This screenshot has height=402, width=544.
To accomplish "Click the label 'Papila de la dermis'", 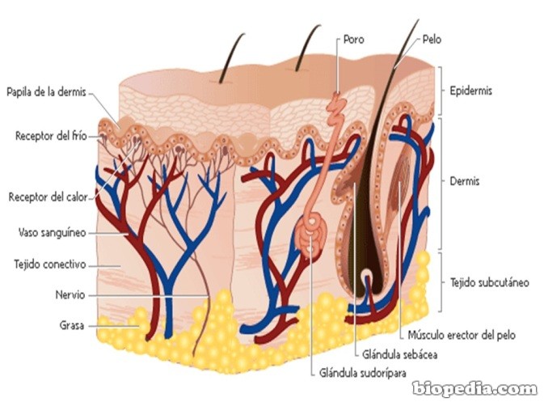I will tap(46, 91).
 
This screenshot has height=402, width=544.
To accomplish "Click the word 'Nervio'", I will tap(70, 295).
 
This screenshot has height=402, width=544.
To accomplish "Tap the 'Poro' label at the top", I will tap(353, 38).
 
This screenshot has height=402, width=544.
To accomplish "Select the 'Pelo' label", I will tap(432, 38).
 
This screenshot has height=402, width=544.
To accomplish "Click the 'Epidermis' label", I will tap(471, 91).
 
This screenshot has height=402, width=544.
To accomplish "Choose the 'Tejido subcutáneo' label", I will tap(490, 282).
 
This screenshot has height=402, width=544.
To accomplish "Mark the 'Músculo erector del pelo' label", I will tap(458, 334).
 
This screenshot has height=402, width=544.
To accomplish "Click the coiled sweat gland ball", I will tap(311, 235).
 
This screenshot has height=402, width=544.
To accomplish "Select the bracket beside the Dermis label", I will tap(440, 182).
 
